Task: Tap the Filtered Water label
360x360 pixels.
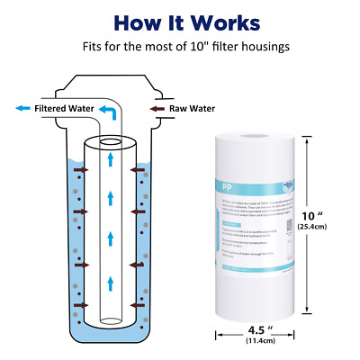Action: pos(66,108)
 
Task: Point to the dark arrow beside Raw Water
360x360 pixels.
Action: pos(154,108)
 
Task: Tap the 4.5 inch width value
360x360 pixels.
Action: pos(258,329)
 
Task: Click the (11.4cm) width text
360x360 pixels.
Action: pos(258,342)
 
